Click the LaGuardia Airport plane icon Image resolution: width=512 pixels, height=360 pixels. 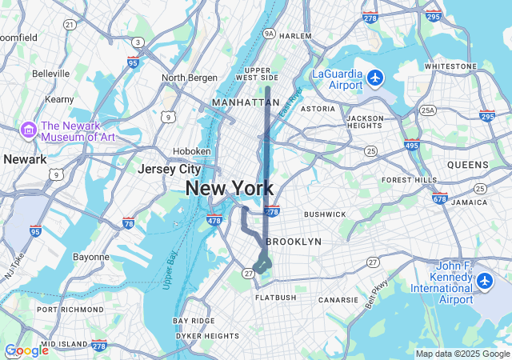pos(375,78)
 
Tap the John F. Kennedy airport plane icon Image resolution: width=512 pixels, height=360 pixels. pos(485,282)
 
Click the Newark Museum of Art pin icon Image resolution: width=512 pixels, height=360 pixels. pos(30,130)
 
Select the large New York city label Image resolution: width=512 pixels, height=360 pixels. pos(230,189)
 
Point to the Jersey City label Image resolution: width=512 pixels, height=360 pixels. pos(169,170)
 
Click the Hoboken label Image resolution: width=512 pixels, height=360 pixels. pos(192,151)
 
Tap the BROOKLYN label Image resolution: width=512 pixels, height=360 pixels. pos(294,241)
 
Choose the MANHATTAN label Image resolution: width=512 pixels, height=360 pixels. pos(246,103)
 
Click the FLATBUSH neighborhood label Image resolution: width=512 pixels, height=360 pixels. pos(276,298)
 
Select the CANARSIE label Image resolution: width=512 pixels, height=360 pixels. pos(338,300)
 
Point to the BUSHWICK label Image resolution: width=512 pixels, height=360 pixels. pos(325,214)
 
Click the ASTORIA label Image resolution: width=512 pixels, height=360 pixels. pos(318,109)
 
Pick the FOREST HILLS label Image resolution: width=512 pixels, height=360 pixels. pos(409,180)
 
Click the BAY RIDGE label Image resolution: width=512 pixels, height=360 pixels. pos(194,321)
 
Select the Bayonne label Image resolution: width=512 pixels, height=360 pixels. pos(90,257)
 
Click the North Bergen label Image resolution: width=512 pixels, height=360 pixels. pos(190,78)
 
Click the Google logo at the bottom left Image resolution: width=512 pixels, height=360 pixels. pos(26,350)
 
